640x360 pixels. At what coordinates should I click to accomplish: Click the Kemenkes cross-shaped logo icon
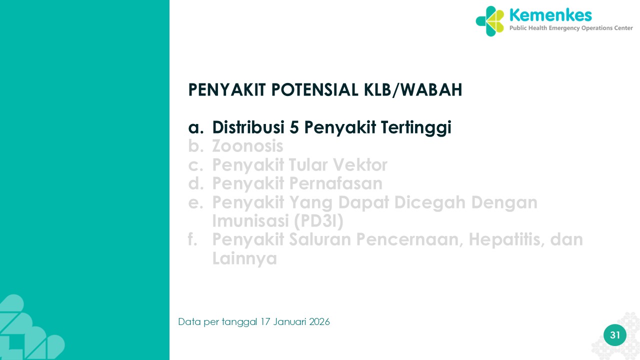489,21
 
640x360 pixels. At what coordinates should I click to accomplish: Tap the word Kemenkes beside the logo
550,15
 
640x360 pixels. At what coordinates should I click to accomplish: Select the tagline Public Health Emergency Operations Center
571,28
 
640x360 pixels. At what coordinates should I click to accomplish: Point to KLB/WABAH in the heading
413,90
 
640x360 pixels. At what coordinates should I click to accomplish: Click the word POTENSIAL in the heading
315,89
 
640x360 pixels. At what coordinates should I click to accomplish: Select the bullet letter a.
195,127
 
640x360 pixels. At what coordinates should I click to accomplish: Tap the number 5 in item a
294,127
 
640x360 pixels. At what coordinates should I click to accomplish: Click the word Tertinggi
416,128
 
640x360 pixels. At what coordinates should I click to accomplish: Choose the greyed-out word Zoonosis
247,146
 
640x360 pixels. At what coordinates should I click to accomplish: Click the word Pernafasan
335,183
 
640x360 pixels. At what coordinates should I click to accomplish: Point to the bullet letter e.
195,203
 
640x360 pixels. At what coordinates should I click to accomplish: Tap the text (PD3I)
318,221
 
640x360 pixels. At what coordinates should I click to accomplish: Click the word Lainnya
244,259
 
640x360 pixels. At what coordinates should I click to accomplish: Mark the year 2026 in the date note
319,322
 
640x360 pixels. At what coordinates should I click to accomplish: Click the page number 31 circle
615,335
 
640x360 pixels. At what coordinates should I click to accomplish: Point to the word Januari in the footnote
289,322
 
